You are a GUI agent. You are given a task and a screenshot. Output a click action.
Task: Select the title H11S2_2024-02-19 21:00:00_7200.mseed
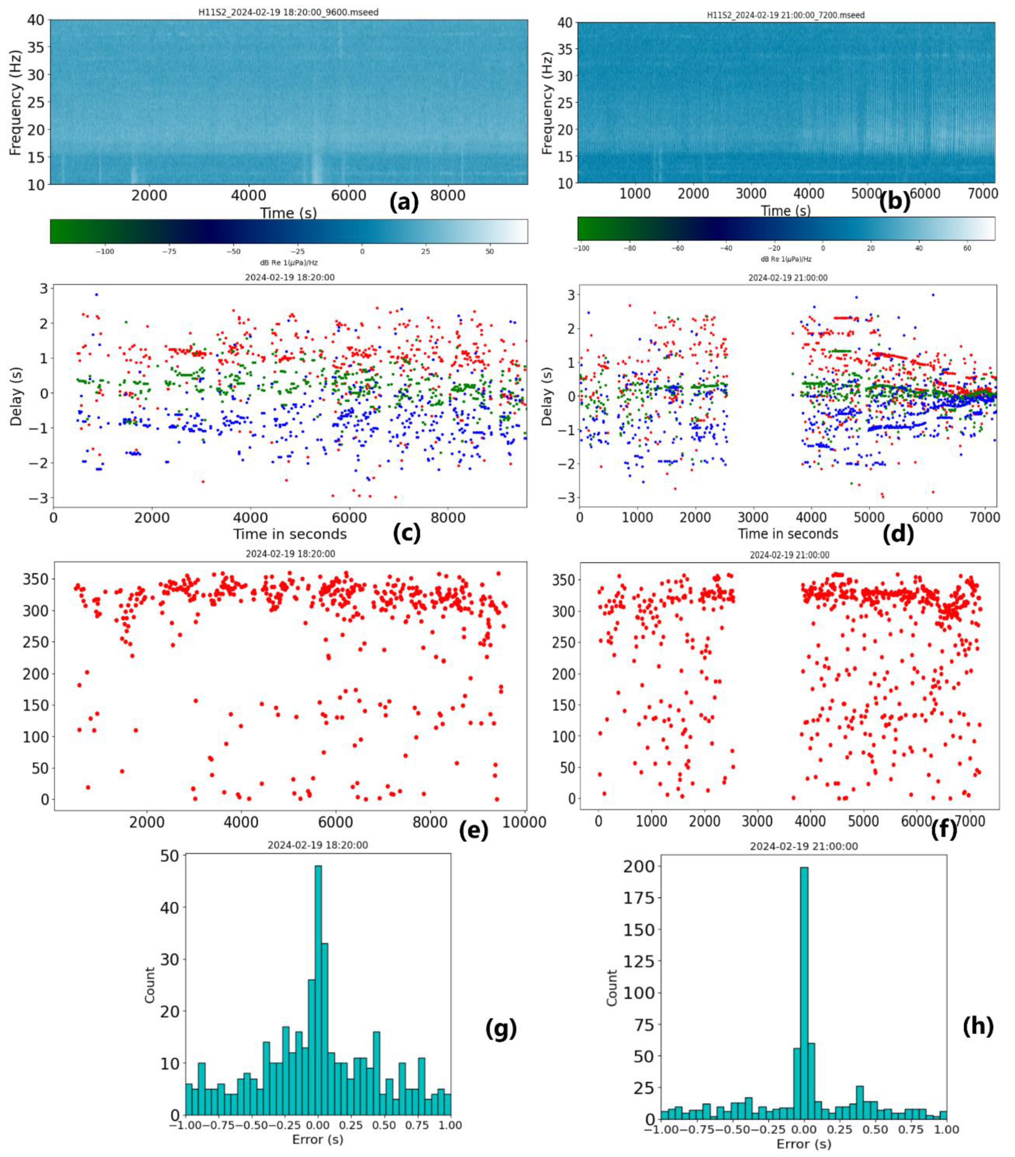786,15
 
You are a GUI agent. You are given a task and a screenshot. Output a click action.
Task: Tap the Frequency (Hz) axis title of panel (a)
15,102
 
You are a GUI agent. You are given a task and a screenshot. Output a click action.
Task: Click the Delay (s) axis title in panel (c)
15,396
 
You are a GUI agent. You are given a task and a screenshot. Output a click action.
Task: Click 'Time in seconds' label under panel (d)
787,534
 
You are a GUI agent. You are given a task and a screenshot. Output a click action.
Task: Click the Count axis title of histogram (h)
612,988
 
